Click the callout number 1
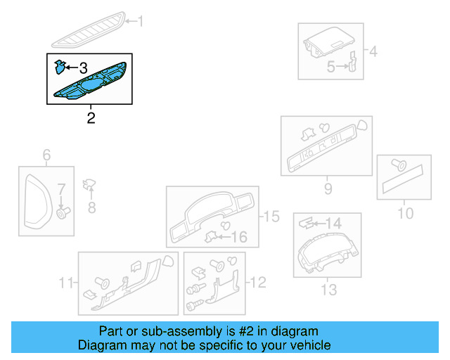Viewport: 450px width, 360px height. click(x=139, y=22)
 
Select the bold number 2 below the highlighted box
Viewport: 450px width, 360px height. click(x=91, y=117)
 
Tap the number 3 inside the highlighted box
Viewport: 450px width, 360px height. click(x=83, y=68)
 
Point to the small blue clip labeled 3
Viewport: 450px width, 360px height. click(x=60, y=67)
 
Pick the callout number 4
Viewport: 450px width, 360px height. click(x=373, y=51)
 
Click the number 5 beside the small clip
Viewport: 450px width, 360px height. click(x=330, y=67)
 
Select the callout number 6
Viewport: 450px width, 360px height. click(x=46, y=155)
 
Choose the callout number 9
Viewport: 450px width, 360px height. click(x=328, y=188)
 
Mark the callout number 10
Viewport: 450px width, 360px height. click(x=406, y=213)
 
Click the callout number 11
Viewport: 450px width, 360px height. click(x=67, y=283)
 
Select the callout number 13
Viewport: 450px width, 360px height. click(x=328, y=289)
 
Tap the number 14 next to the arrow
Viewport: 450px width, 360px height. click(x=333, y=223)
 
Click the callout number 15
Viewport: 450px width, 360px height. click(x=271, y=217)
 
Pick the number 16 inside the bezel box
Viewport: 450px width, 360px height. click(x=240, y=236)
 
